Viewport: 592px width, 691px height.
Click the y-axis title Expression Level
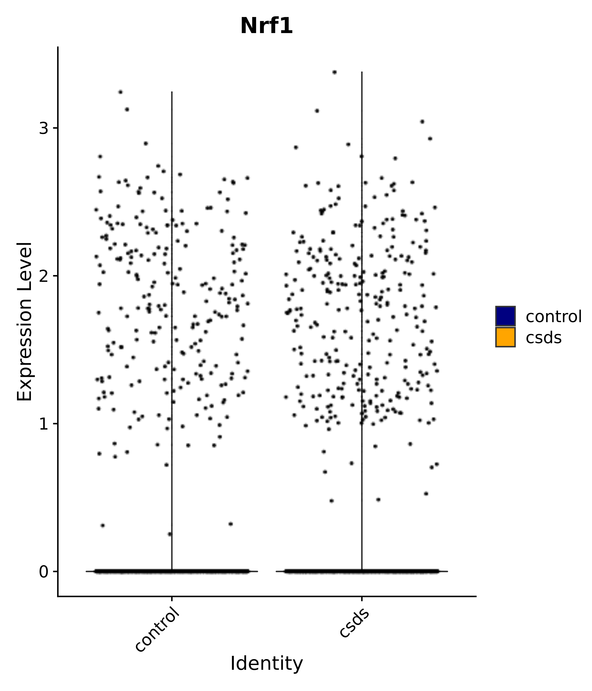pos(25,321)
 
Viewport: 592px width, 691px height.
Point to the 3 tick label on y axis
pos(44,128)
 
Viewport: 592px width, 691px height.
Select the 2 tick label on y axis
pos(44,276)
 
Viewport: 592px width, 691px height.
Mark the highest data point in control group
pos(121,92)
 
